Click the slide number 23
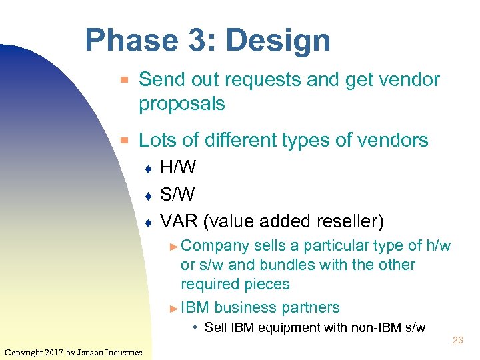point(457,340)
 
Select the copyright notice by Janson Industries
point(73,352)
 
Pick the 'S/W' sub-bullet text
point(177,195)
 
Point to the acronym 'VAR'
point(180,221)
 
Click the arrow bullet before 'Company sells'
point(174,247)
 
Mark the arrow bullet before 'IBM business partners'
point(174,308)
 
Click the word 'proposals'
point(182,104)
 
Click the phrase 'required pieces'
point(235,284)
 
